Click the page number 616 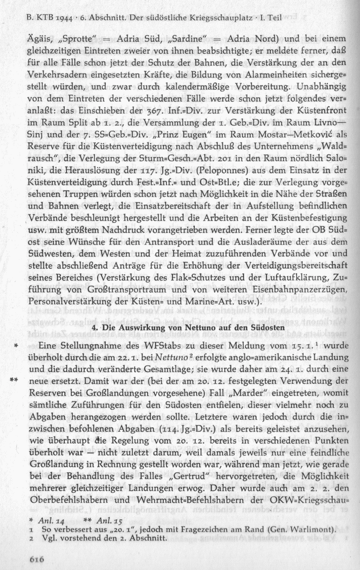point(36,559)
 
